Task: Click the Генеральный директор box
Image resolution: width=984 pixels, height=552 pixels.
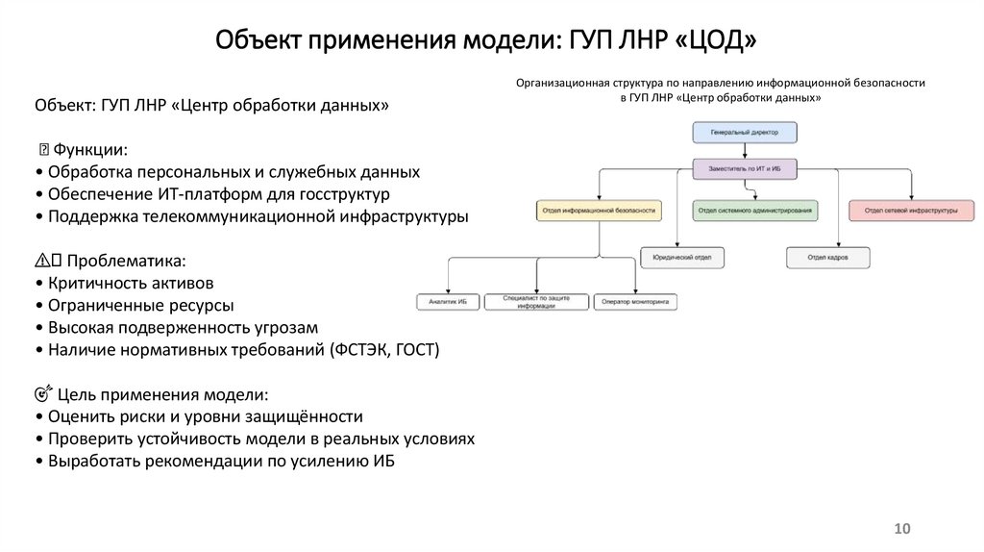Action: [744, 132]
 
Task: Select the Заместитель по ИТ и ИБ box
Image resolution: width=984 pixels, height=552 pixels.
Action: [744, 169]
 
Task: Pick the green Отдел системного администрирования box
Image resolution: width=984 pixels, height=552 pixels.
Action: [754, 210]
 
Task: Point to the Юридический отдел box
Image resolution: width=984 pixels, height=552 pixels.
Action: [682, 258]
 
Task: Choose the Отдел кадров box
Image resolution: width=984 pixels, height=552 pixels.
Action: [828, 258]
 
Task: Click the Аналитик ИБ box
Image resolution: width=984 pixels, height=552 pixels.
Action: [447, 302]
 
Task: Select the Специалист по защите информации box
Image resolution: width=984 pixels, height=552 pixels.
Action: [536, 302]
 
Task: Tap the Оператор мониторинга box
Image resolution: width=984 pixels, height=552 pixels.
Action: [634, 302]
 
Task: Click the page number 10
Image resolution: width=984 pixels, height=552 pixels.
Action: [901, 529]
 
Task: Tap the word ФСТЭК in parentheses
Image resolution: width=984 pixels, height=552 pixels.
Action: [366, 350]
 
